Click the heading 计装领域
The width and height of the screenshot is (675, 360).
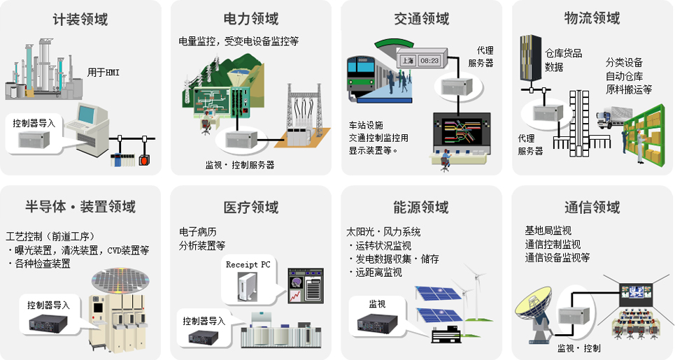80,20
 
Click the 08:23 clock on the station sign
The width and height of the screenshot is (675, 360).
429,61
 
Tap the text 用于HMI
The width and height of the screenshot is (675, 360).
103,72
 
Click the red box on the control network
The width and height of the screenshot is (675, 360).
145,159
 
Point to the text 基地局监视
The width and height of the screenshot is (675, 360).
548,231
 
